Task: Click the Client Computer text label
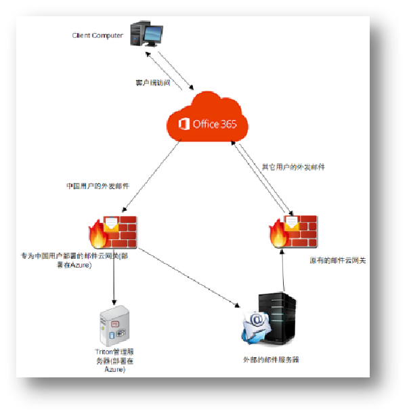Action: point(98,35)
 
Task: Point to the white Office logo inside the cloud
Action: point(183,124)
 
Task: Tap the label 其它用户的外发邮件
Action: point(293,167)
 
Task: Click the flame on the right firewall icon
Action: point(277,235)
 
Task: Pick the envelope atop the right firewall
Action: point(290,222)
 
